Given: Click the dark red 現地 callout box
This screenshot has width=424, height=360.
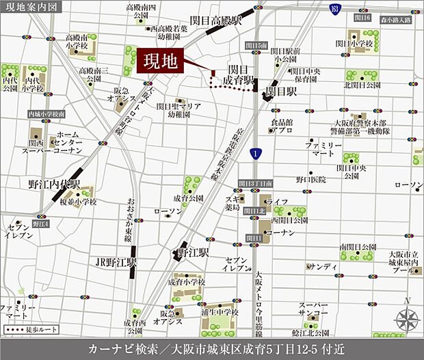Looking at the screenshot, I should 161,62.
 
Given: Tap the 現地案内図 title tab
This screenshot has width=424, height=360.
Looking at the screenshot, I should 31,6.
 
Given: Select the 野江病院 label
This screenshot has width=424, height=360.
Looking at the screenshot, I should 310,179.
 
